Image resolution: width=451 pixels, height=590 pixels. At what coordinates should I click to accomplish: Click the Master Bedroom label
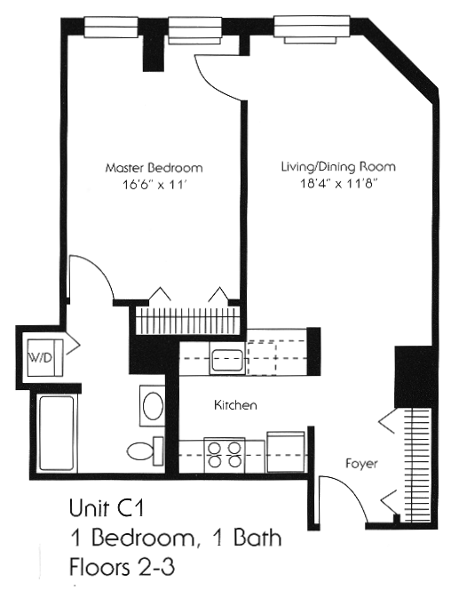[x=154, y=167]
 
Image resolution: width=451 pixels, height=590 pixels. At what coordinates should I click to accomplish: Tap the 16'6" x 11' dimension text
[x=154, y=187]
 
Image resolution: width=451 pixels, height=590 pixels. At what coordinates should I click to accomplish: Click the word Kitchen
[x=235, y=405]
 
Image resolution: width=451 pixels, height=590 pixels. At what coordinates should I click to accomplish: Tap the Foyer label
[x=362, y=464]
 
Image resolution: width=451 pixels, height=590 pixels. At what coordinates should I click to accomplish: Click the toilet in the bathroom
[x=144, y=451]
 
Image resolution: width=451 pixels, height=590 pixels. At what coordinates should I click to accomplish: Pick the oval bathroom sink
[x=152, y=407]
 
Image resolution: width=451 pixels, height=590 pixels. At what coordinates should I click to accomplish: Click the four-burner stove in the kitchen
[x=224, y=454]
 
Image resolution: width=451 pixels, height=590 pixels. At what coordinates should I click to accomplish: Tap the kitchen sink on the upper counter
[x=221, y=361]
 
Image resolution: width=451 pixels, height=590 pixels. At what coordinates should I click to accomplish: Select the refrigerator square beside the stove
[x=286, y=451]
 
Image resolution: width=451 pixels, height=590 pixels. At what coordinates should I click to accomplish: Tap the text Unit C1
[x=105, y=509]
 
